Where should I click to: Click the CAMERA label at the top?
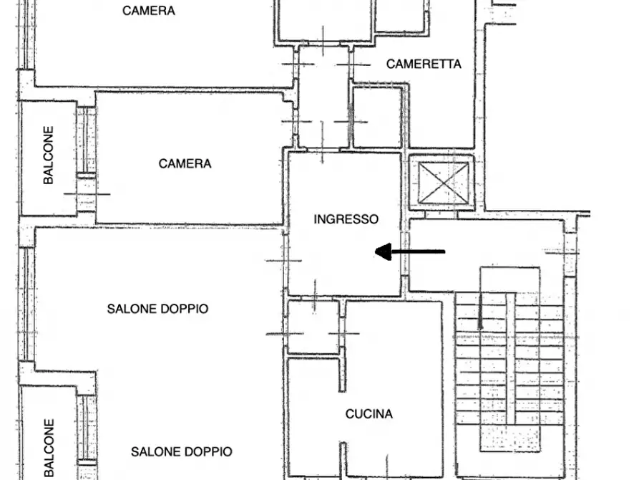point(149,11)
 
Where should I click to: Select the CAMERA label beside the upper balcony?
point(185,163)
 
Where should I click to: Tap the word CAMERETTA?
point(424,64)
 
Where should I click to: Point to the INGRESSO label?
point(346,219)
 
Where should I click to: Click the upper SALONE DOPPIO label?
point(157,309)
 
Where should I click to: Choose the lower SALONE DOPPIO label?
point(181,451)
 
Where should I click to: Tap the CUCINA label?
point(369,414)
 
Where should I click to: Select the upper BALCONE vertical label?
point(48,156)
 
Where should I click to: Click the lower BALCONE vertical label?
point(48,448)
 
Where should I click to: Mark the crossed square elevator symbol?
point(444,183)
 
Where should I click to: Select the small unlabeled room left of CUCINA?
point(313,327)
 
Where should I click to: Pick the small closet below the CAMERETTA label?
point(377,116)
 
